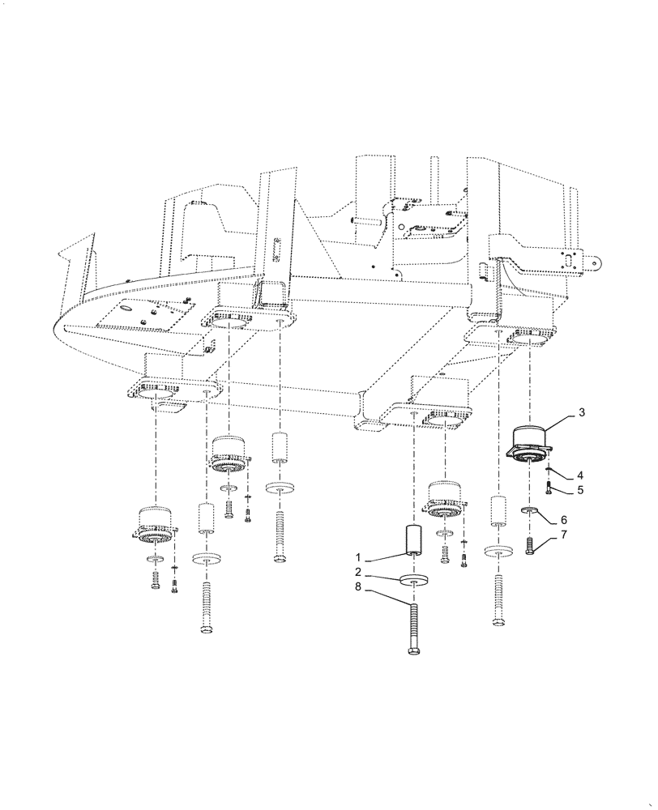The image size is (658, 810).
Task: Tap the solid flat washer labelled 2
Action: click(x=415, y=581)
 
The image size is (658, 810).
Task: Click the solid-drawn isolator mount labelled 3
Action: click(x=529, y=445)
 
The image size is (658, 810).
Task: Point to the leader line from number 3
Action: click(x=562, y=421)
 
